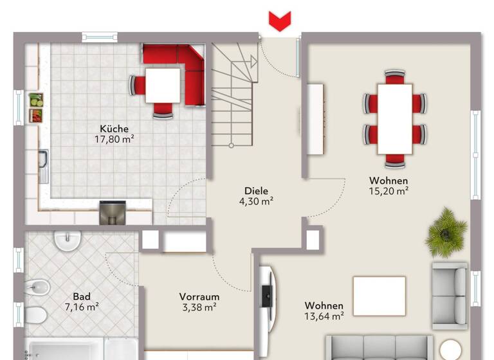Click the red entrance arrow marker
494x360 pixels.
click(279, 21)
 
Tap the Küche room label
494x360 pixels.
click(114, 129)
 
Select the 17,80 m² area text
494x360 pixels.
click(114, 139)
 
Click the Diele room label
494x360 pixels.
click(256, 191)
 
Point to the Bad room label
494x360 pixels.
click(81, 296)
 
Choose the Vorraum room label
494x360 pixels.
click(199, 297)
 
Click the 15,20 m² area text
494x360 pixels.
click(389, 191)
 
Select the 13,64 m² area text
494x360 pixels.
click(324, 316)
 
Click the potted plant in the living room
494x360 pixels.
click(446, 231)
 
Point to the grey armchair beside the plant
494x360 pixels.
click(449, 295)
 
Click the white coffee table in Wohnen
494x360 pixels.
click(380, 296)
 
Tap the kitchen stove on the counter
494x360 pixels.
click(113, 213)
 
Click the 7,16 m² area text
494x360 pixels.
click(81, 307)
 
